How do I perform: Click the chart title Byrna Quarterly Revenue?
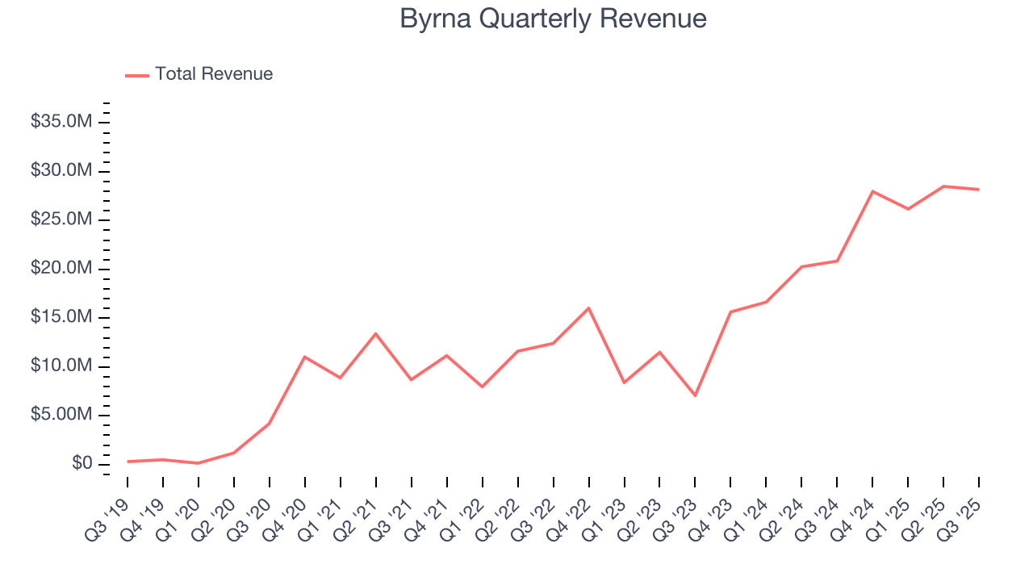pyautogui.click(x=553, y=19)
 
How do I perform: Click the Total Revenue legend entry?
pyautogui.click(x=214, y=74)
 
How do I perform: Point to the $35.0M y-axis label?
pyautogui.click(x=61, y=122)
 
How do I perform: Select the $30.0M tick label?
pyautogui.click(x=61, y=171)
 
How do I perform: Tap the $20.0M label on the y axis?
pyautogui.click(x=61, y=269)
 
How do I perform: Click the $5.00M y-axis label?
pyautogui.click(x=61, y=416)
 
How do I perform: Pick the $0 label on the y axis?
pyautogui.click(x=82, y=464)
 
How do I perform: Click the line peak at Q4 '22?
pyautogui.click(x=588, y=307)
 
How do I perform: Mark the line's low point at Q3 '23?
pyautogui.click(x=695, y=395)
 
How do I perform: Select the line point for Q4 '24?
pyautogui.click(x=872, y=191)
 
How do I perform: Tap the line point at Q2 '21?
pyautogui.click(x=375, y=333)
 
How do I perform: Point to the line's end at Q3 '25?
pyautogui.click(x=979, y=190)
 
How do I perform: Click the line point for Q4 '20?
pyautogui.click(x=304, y=357)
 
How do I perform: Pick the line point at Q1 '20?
pyautogui.click(x=198, y=463)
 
